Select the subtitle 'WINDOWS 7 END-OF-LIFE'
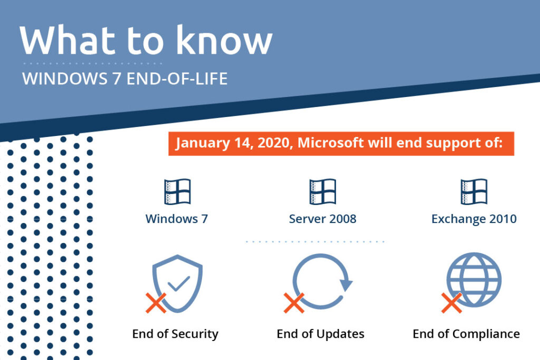coord(124,79)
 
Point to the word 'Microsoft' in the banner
coord(330,142)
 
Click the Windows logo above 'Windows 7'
coord(177,191)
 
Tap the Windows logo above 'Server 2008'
coord(323,191)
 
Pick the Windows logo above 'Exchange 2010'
coord(474,191)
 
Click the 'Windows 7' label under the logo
coord(177,219)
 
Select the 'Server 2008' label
coord(323,219)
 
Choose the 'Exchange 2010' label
coord(474,219)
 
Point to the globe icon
coord(474,279)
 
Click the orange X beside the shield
coord(156,303)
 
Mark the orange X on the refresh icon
coord(294,303)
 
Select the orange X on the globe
coord(451,303)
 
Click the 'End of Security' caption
coord(175,334)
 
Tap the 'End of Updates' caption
coord(321,334)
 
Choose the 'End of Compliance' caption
coord(466,334)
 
